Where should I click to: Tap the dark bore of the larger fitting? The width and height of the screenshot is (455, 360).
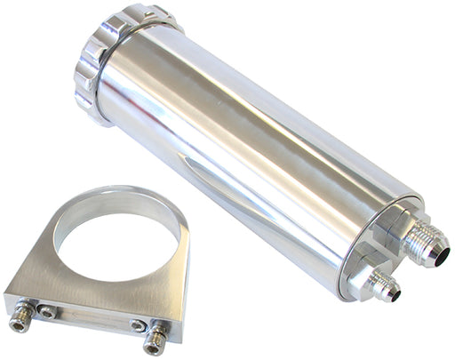[435, 253]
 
